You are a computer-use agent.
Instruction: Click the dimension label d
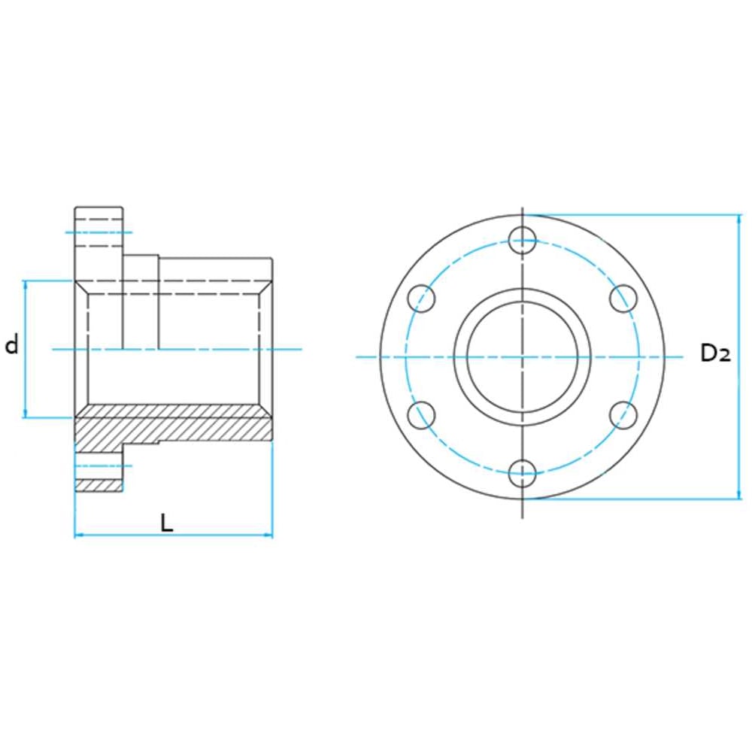pos(12,345)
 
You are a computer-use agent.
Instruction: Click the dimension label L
pos(166,523)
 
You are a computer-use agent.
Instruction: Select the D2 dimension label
pos(716,353)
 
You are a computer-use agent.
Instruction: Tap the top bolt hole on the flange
pos(523,241)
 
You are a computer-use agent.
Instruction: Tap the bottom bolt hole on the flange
pos(523,473)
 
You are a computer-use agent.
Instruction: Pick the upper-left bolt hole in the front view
pos(422,299)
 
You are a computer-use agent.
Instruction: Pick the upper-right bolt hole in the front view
pos(623,299)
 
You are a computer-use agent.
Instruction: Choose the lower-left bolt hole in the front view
pos(422,415)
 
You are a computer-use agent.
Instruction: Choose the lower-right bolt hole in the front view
pos(623,415)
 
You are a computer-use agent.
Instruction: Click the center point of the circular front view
pos(523,356)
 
